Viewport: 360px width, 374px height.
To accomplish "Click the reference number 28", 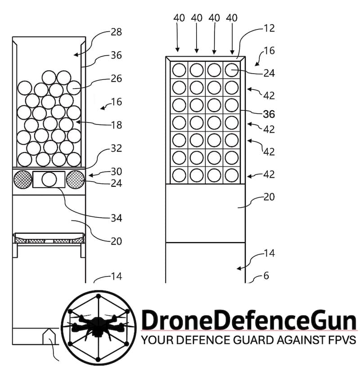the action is tap(117, 32).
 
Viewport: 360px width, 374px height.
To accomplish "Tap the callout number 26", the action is tap(117, 78).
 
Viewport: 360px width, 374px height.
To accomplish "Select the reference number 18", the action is tap(117, 125).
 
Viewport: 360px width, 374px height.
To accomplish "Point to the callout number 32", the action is tap(117, 149).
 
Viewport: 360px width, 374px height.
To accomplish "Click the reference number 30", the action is tap(117, 171).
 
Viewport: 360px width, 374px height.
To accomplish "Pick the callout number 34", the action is tap(117, 218).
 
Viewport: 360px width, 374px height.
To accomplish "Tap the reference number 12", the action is tap(270, 28).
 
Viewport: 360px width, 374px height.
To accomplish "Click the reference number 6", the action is tap(266, 276).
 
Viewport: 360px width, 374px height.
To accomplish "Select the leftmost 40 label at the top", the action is tap(179, 18).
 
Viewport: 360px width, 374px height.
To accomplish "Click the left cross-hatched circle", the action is tap(22, 180).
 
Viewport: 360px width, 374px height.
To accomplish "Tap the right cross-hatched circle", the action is tap(75, 180).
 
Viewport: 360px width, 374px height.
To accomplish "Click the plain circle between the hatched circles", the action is tap(49, 180).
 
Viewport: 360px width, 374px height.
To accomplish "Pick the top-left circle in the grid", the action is tap(179, 70).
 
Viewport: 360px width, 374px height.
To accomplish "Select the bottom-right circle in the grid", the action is tap(232, 175).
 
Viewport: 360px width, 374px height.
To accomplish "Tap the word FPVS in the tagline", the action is tap(342, 339).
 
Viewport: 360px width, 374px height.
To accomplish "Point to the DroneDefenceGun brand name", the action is tap(249, 320).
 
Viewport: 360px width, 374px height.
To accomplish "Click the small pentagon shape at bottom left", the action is tap(49, 336).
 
